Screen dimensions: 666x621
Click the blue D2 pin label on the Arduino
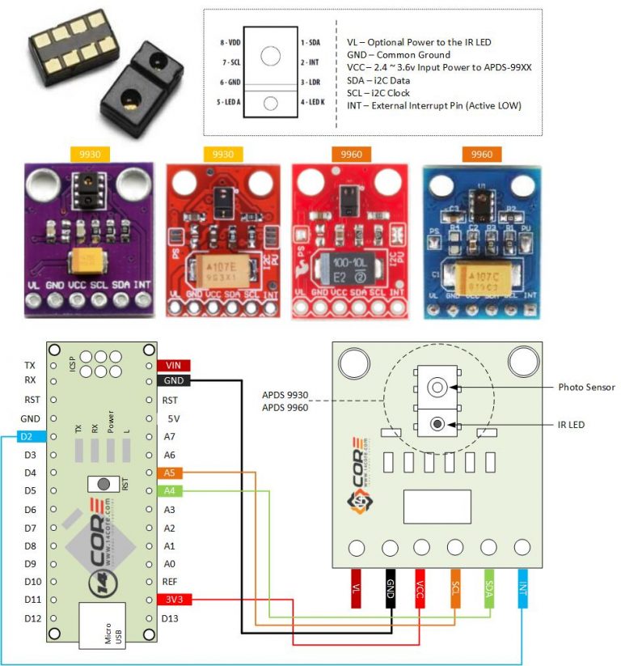pyautogui.click(x=29, y=437)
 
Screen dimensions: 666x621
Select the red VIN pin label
pyautogui.click(x=173, y=365)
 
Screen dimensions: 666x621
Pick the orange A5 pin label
pyautogui.click(x=170, y=473)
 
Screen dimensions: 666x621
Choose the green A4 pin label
pyautogui.click(x=170, y=491)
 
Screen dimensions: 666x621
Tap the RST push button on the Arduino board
pyautogui.click(x=103, y=484)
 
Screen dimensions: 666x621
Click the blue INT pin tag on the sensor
pyautogui.click(x=522, y=590)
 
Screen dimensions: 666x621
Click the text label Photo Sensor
pyautogui.click(x=586, y=388)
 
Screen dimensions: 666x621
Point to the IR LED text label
pyautogui.click(x=572, y=424)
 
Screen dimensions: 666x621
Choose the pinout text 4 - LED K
pyautogui.click(x=318, y=102)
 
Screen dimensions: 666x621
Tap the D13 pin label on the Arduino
pyautogui.click(x=170, y=619)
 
